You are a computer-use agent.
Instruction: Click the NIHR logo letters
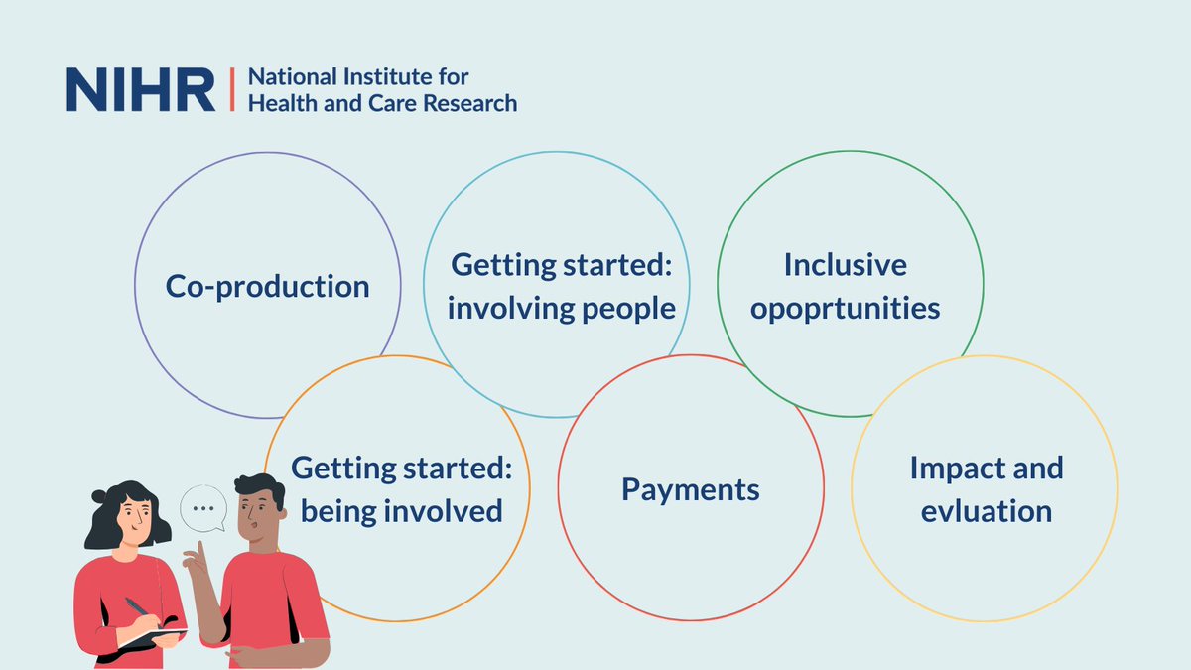click(x=140, y=90)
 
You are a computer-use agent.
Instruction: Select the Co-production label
click(x=267, y=287)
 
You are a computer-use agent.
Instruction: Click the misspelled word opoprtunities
click(x=845, y=309)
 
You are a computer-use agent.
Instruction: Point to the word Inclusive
click(x=845, y=266)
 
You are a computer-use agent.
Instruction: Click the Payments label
click(x=691, y=489)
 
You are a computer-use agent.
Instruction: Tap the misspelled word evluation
click(x=986, y=511)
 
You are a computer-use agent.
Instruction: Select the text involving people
click(x=561, y=309)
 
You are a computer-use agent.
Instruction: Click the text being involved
click(x=401, y=511)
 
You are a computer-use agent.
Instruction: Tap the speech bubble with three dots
click(x=203, y=508)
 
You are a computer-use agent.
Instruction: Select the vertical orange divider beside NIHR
click(x=231, y=90)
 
